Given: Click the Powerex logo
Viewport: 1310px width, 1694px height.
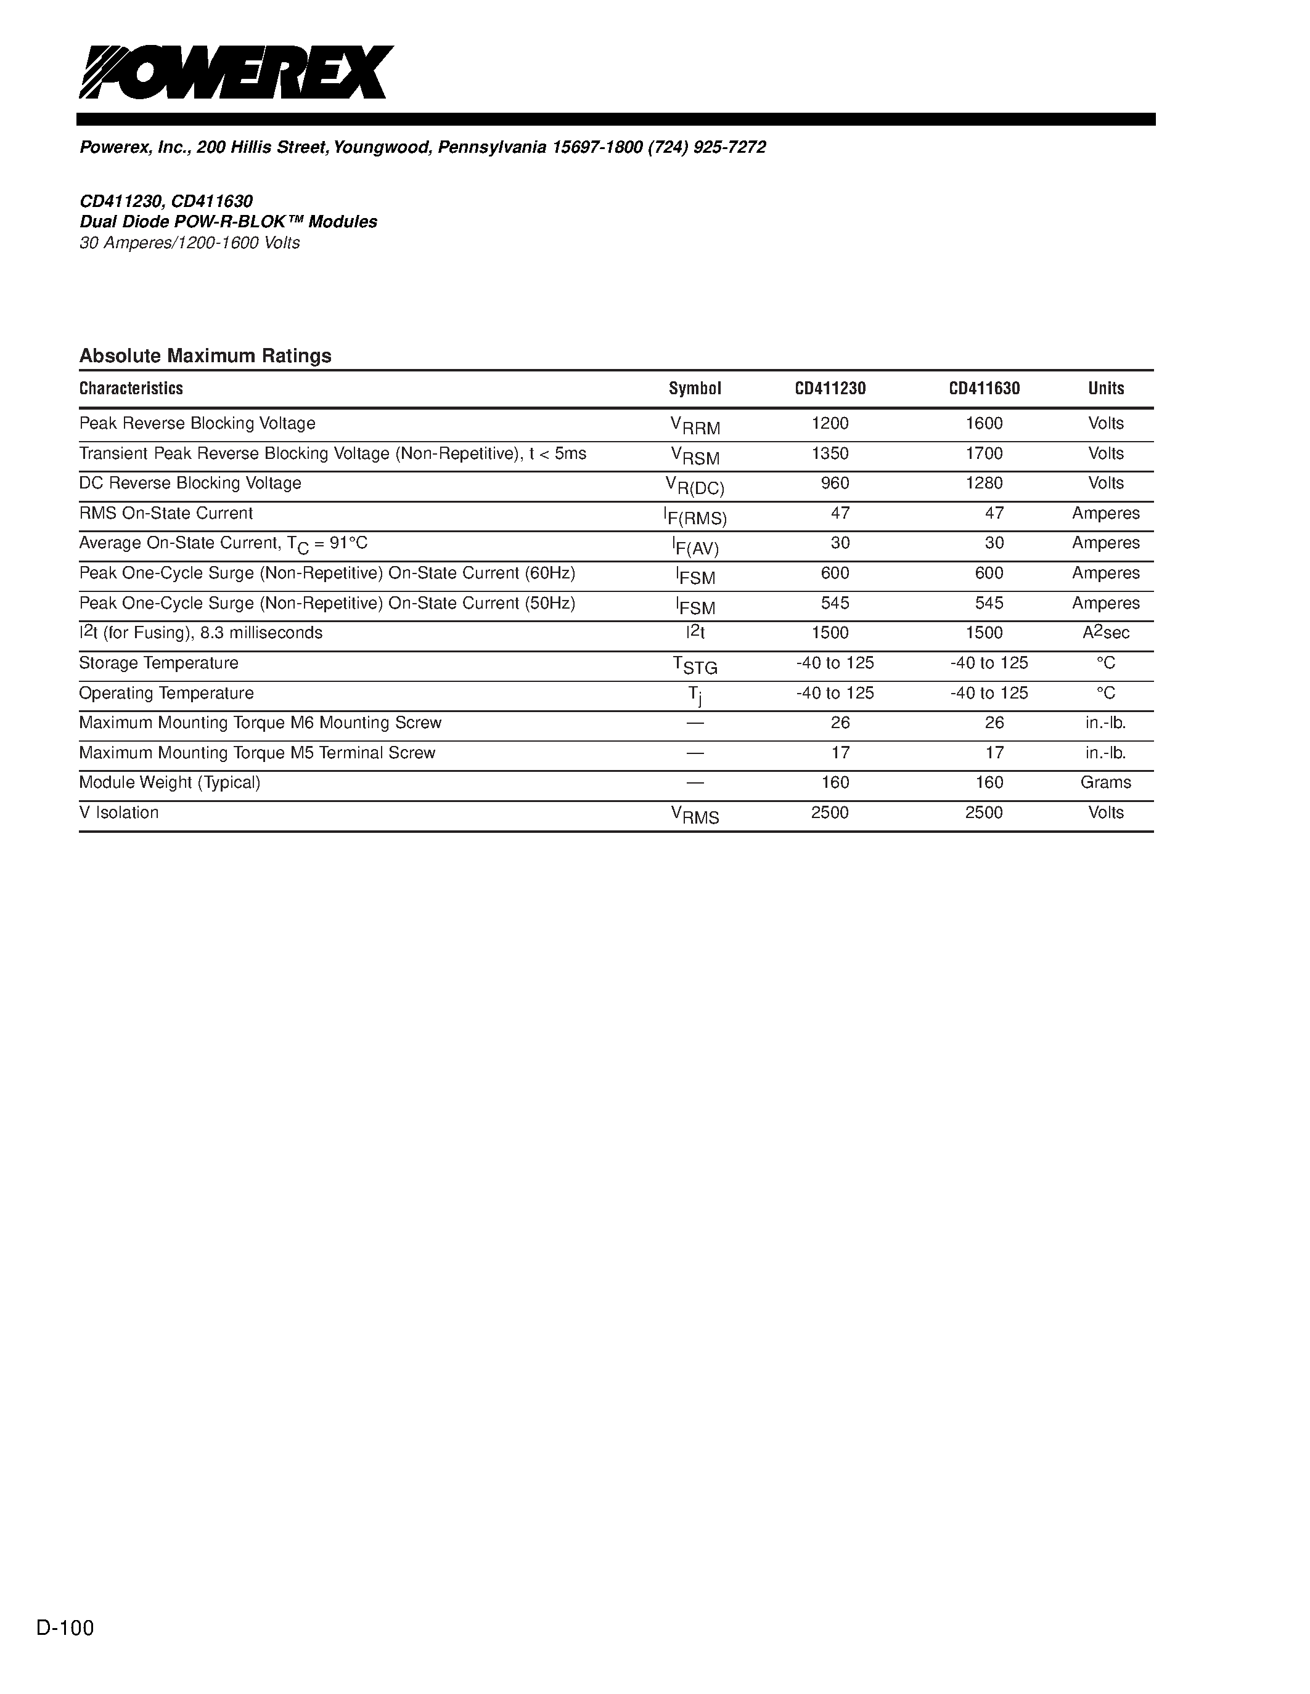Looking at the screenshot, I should point(236,72).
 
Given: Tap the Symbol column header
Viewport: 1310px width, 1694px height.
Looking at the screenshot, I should point(695,389).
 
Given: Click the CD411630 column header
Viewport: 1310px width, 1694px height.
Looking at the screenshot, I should point(984,389).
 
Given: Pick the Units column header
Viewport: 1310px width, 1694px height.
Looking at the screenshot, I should point(1106,389).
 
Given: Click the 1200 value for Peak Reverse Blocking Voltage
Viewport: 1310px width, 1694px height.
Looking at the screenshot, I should point(830,424).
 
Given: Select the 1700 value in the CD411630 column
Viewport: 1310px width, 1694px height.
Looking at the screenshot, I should point(984,454).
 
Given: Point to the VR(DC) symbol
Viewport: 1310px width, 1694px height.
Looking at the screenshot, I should point(695,486).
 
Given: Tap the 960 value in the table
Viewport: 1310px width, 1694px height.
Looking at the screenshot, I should point(835,483).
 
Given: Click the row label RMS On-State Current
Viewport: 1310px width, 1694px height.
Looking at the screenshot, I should point(166,514).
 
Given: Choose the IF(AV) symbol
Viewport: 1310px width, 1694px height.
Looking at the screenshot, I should point(695,546).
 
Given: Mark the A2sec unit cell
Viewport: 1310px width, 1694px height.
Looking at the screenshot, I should point(1106,633).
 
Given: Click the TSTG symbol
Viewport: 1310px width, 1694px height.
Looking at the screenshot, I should point(695,665).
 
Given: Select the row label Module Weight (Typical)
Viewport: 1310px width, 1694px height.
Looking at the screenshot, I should point(170,782).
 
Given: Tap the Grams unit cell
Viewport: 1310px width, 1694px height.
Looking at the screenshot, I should point(1106,782).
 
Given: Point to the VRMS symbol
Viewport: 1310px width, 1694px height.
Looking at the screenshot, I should point(695,815).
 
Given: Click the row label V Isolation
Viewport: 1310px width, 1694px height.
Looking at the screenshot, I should point(119,813).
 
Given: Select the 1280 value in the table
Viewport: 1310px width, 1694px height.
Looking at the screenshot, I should point(984,483).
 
